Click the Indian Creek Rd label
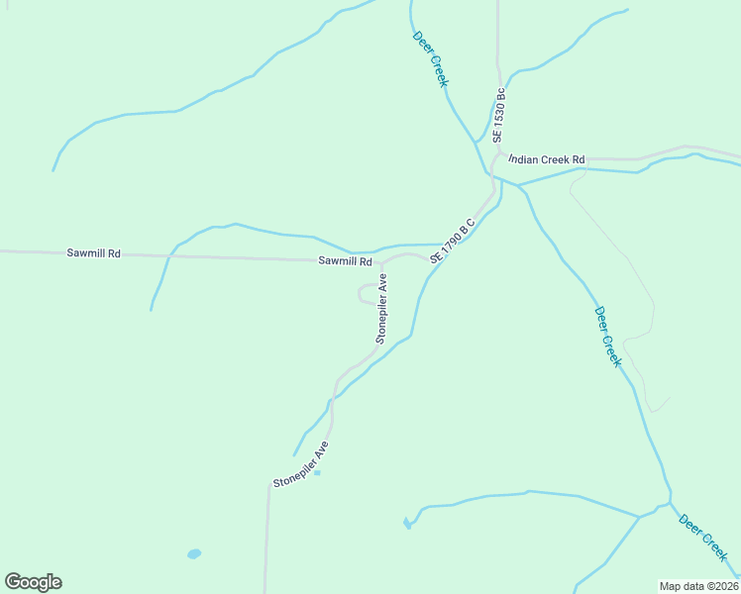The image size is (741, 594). coord(547,159)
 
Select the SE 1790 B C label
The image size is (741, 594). coord(453,241)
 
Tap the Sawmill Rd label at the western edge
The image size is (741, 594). coord(93,253)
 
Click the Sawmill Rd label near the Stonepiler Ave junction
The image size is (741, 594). coord(345,261)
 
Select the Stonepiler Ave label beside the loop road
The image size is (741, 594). coord(381,309)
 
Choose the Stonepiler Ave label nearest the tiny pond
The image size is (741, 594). coord(300,465)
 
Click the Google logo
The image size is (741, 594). coord(33,582)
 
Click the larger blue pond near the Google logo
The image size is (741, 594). coord(194,553)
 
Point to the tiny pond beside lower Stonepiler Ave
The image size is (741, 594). coord(317,472)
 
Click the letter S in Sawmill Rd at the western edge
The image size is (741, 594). coord(70,253)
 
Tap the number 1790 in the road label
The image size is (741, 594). coord(450,243)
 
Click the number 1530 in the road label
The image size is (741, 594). coord(499,109)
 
